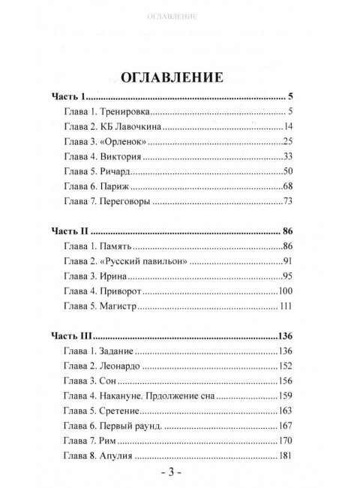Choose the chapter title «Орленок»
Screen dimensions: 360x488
pos(123,140)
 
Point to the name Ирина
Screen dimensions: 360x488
pos(115,276)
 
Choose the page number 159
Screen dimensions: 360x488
pos(283,396)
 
